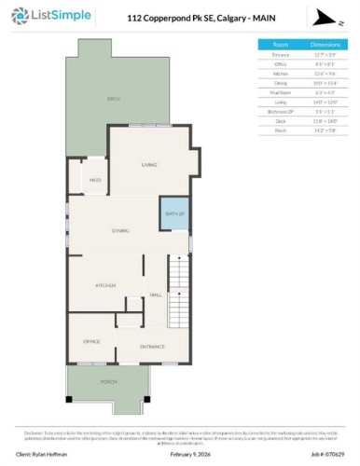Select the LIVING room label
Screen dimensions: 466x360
(x=149, y=165)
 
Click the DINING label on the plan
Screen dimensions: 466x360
(x=121, y=230)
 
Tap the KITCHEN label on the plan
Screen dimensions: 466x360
(x=104, y=285)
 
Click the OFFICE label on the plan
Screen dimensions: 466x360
(x=91, y=341)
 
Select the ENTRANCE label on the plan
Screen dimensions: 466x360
(x=152, y=347)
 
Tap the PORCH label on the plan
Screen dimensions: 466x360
(x=109, y=382)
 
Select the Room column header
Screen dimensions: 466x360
(x=280, y=44)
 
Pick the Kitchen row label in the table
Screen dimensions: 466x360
(x=280, y=73)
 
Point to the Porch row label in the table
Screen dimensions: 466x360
(x=280, y=130)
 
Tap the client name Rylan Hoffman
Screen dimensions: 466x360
(x=47, y=454)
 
